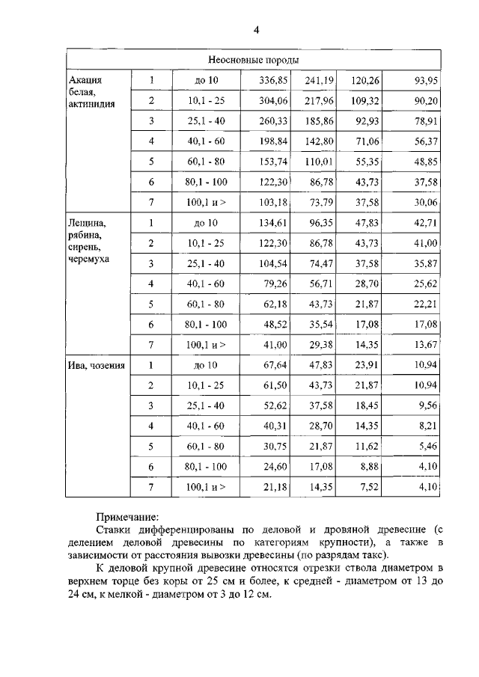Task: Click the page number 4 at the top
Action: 256,30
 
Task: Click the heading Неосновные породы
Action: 254,60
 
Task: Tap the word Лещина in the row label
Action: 86,222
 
